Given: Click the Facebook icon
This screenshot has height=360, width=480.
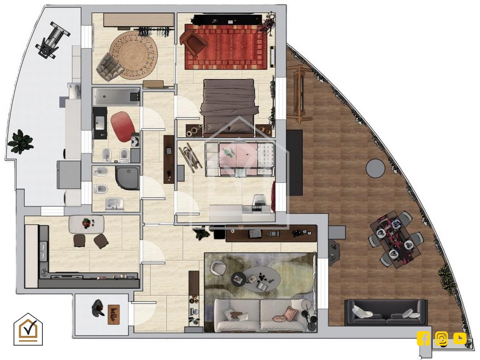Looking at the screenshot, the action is [x=423, y=338].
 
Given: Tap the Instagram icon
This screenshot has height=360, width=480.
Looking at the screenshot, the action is [x=441, y=338].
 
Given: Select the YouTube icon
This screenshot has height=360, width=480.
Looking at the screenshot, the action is [x=460, y=338].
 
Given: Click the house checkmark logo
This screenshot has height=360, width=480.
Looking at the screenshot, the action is [x=28, y=329].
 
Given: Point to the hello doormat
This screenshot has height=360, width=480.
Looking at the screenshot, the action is [x=114, y=314].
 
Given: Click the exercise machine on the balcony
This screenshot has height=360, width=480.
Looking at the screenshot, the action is [x=52, y=39].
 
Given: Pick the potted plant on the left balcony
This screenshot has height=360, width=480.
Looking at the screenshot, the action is [x=20, y=141].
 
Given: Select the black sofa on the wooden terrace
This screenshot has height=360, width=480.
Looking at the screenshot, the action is [x=386, y=312].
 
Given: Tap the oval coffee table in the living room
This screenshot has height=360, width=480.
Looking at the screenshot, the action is [x=255, y=279].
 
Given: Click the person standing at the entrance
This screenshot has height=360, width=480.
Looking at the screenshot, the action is [x=97, y=308].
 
